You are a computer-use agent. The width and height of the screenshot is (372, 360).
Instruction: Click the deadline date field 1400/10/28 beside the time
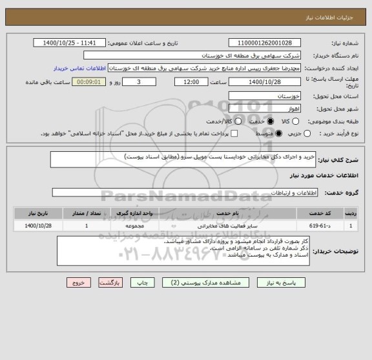pos(264,82)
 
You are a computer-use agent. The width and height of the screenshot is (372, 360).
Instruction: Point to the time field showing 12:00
pos(192,82)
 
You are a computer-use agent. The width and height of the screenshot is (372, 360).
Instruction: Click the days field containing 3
pos(139,82)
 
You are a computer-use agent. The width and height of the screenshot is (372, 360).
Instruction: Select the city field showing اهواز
pos(264,108)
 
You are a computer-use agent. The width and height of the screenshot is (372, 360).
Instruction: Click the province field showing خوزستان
pos(264,95)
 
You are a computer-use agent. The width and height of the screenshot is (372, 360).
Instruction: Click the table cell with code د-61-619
pos(318,226)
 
